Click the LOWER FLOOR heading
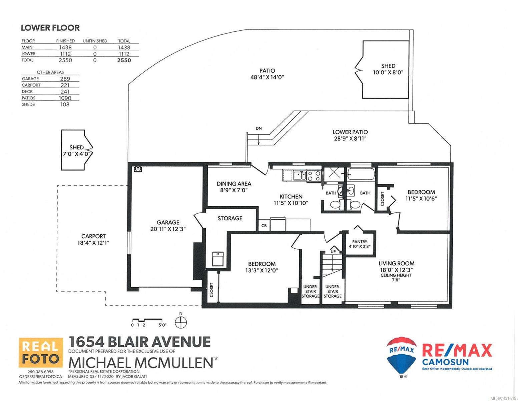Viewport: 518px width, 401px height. [x=50, y=28]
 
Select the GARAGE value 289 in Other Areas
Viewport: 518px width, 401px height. [x=65, y=79]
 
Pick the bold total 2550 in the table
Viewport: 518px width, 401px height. [x=124, y=60]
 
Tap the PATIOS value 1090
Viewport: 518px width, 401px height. [x=65, y=98]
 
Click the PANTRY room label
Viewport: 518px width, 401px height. [x=360, y=242]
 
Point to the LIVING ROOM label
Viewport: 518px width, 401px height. [x=397, y=263]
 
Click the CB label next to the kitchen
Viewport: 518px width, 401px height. [x=264, y=226]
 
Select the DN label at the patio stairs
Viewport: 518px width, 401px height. [x=258, y=129]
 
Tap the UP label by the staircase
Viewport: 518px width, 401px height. [x=333, y=252]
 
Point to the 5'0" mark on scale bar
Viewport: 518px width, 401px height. [x=162, y=325]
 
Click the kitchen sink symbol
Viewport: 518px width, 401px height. [x=300, y=175]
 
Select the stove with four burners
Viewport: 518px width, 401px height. [x=314, y=176]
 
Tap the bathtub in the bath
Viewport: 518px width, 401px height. [x=361, y=174]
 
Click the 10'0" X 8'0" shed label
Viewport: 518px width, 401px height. [x=388, y=69]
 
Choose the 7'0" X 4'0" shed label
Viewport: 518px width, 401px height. [x=77, y=151]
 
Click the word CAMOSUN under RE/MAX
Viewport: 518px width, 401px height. [x=445, y=362]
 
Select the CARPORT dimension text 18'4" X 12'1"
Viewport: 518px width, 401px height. [x=93, y=243]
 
